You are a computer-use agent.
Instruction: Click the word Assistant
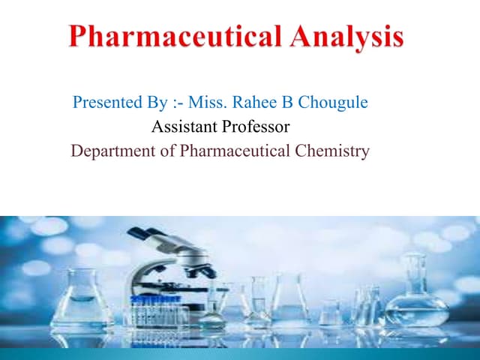point(182,127)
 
